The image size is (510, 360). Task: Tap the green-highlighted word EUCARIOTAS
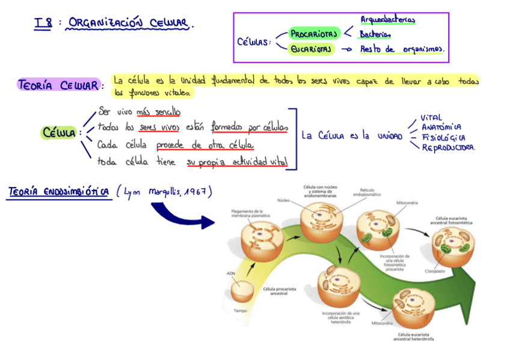click(x=311, y=49)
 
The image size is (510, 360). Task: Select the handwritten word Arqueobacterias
click(x=387, y=20)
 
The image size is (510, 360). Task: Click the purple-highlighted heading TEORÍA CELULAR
click(x=58, y=85)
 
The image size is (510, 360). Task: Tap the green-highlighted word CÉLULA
click(x=59, y=133)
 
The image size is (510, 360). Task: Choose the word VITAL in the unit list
click(x=431, y=118)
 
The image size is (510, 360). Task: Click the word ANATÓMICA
click(x=441, y=127)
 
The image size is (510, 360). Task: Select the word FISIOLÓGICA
click(x=443, y=137)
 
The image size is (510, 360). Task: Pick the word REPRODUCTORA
click(x=447, y=148)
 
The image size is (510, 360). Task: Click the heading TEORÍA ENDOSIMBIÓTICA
click(x=58, y=192)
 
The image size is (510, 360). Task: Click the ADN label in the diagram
click(x=231, y=273)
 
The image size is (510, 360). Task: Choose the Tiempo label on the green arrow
click(x=240, y=311)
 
